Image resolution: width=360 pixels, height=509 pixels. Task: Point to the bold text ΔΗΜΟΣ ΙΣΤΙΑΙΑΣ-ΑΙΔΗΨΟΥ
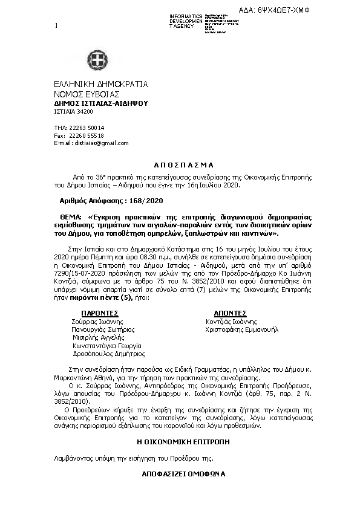pos(101,103)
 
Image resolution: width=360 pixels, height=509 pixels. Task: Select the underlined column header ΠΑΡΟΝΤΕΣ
pos(98,314)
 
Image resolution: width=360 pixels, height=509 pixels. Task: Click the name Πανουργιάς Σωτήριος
pos(103,330)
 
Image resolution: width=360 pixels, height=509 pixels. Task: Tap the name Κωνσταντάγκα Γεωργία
pos(106,346)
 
